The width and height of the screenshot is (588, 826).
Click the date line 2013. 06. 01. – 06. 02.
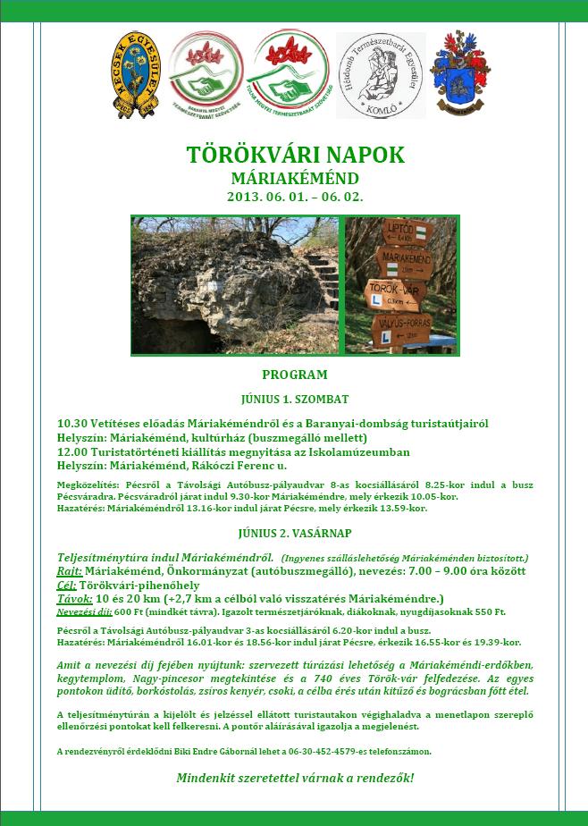point(294,196)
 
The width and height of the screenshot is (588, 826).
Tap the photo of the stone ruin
point(234,278)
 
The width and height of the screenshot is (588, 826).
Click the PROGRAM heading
point(294,375)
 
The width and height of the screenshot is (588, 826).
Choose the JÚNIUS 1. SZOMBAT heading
point(294,399)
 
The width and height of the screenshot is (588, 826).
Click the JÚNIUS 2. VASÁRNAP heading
point(294,534)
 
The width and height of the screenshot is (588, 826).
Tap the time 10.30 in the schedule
point(71,423)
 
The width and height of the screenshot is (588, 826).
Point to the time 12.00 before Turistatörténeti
point(71,452)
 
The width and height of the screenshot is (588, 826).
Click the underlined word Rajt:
point(70,571)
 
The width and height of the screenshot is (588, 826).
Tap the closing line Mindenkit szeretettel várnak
point(294,778)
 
